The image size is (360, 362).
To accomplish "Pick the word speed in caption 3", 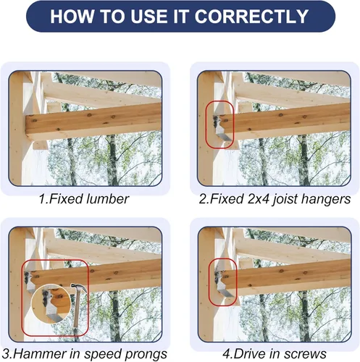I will tap(104, 354).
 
